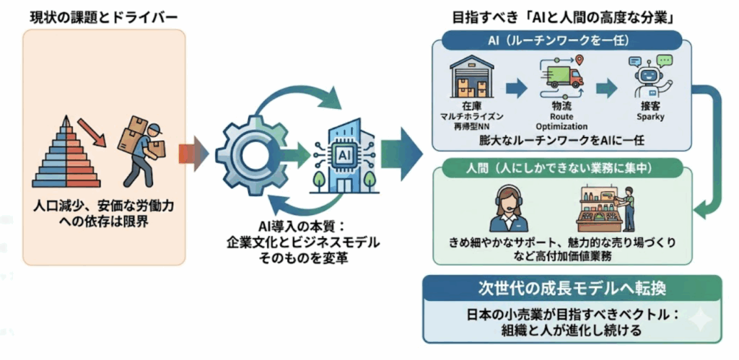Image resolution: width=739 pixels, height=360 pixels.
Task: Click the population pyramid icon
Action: (x=64, y=155)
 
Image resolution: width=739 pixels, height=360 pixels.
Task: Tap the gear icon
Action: (x=249, y=154)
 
